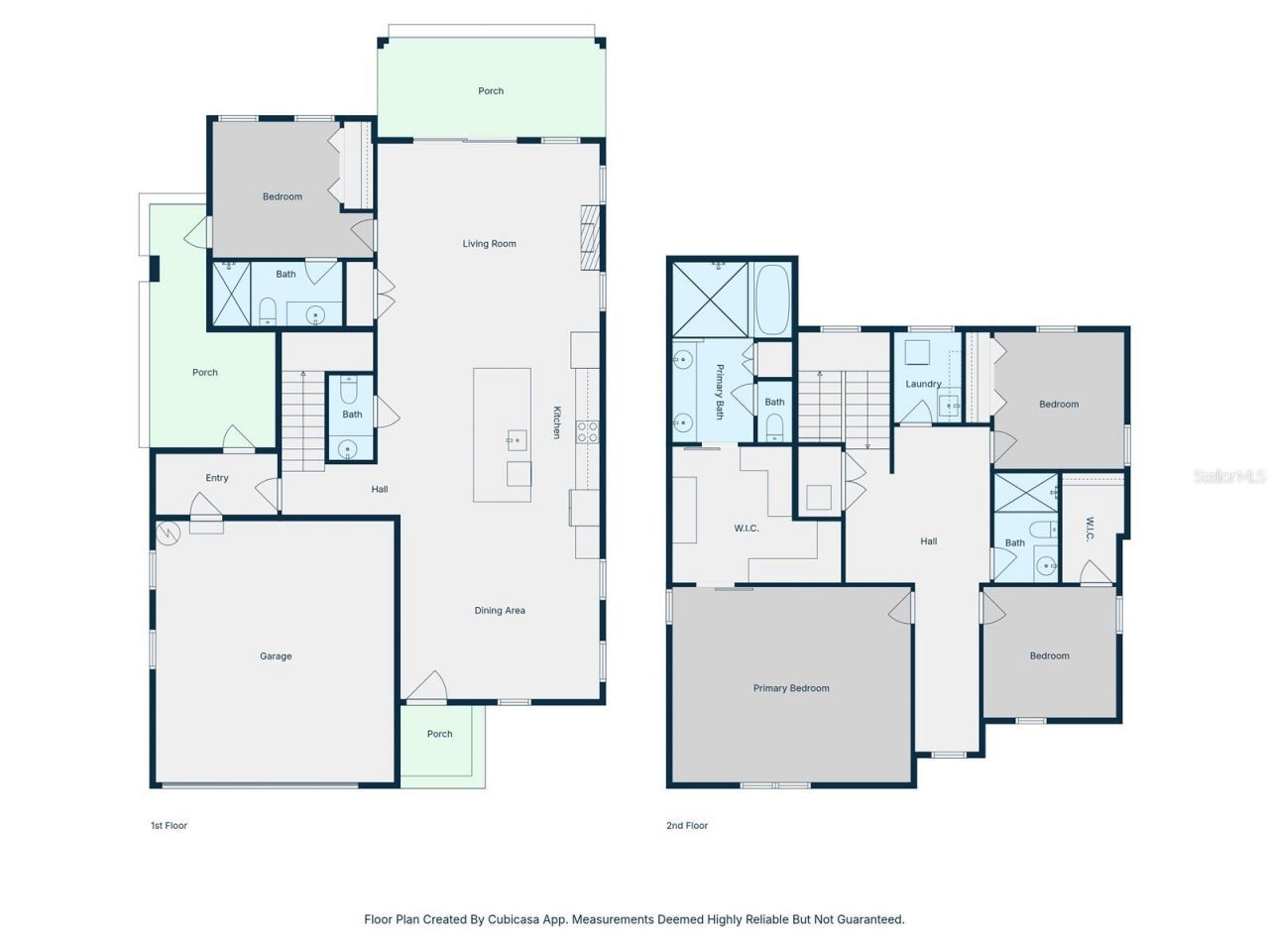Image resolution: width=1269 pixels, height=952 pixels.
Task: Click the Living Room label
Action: point(489,244)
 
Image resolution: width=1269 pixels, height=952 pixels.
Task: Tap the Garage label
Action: point(276,656)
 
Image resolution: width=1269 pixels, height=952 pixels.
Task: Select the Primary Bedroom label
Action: point(790,688)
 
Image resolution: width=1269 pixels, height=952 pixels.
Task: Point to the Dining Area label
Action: point(500,611)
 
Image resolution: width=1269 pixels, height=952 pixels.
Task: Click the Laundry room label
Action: point(923,384)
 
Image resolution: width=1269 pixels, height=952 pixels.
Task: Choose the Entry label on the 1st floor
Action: point(217,478)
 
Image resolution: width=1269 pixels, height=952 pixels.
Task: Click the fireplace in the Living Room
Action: point(591,237)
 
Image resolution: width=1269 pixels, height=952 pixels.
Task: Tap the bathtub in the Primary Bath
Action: point(772,298)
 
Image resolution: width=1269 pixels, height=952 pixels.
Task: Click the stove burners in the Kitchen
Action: point(588,431)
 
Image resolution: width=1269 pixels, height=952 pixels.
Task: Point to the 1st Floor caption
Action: point(169,825)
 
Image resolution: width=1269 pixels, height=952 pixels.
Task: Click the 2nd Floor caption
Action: point(687,825)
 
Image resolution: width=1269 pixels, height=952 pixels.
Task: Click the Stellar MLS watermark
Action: point(1228,477)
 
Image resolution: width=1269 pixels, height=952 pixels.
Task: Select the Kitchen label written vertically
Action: point(557,422)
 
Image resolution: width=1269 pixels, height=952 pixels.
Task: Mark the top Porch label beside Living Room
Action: point(491,91)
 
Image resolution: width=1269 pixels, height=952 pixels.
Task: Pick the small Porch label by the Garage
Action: point(439,735)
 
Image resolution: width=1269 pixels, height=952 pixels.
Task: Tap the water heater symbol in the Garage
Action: point(168,534)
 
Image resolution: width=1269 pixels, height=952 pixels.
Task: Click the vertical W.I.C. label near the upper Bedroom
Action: point(1090,529)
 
